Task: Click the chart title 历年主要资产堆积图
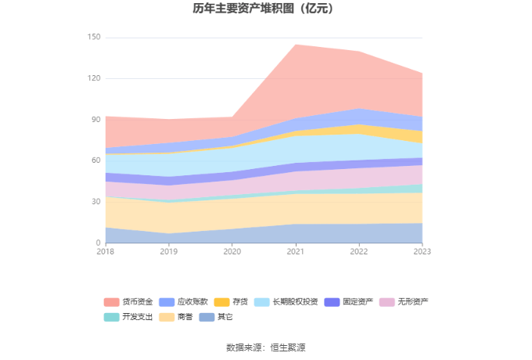[265, 9]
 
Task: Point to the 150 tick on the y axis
[94, 38]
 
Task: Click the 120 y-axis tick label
[94, 78]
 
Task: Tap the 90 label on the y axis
[96, 120]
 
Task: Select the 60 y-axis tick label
[96, 160]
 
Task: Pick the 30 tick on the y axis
[96, 202]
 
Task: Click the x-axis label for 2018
[105, 251]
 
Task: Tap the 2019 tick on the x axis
[168, 251]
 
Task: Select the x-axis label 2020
[232, 251]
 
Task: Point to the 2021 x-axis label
[295, 251]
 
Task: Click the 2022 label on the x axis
[358, 251]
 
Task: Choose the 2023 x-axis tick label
[422, 251]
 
